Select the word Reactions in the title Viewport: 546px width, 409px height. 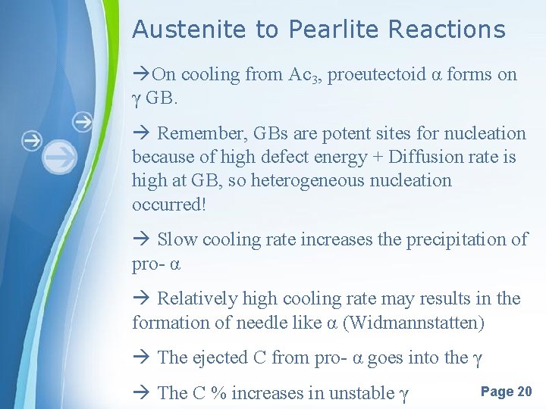coord(446,30)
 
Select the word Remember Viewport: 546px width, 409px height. coord(196,134)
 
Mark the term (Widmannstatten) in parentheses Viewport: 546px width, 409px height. coord(413,323)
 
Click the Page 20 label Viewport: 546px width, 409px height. coord(506,392)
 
